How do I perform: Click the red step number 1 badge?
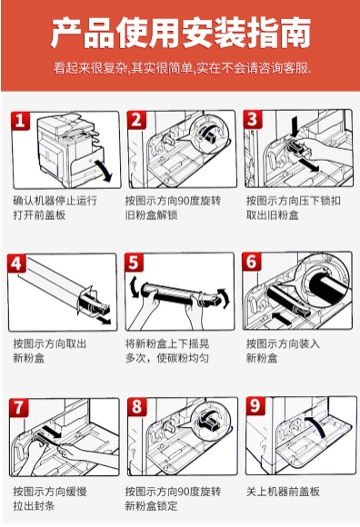(x=20, y=120)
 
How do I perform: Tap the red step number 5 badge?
(x=134, y=263)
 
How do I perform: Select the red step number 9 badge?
(x=255, y=405)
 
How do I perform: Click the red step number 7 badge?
(x=18, y=407)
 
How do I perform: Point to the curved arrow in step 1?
(x=105, y=171)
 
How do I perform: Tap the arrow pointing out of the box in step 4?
(x=104, y=319)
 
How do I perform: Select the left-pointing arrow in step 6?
(x=283, y=317)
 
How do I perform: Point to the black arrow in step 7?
(x=52, y=432)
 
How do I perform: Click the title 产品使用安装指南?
(x=181, y=33)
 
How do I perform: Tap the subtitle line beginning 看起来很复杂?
(x=182, y=68)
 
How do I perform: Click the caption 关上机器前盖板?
(x=283, y=492)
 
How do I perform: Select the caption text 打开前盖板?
(x=39, y=214)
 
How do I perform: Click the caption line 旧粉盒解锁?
(x=151, y=214)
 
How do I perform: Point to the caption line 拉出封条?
(x=34, y=505)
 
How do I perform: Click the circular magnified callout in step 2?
(x=208, y=132)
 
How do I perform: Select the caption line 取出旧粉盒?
(x=272, y=214)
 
